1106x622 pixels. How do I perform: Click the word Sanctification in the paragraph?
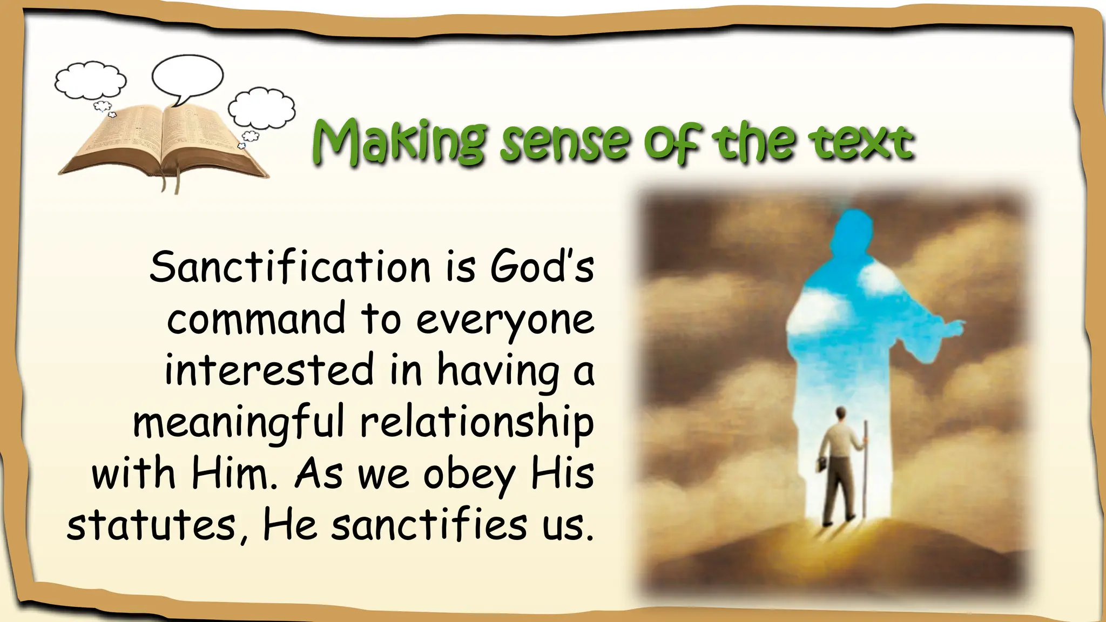point(290,267)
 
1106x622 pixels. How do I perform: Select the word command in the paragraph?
point(256,319)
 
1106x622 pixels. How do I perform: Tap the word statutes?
point(151,526)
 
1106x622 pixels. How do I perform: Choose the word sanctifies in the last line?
point(429,525)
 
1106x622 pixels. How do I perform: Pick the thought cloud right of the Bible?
point(262,108)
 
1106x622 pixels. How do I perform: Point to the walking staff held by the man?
point(865,470)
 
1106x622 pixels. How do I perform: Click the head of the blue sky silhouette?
point(853,227)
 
